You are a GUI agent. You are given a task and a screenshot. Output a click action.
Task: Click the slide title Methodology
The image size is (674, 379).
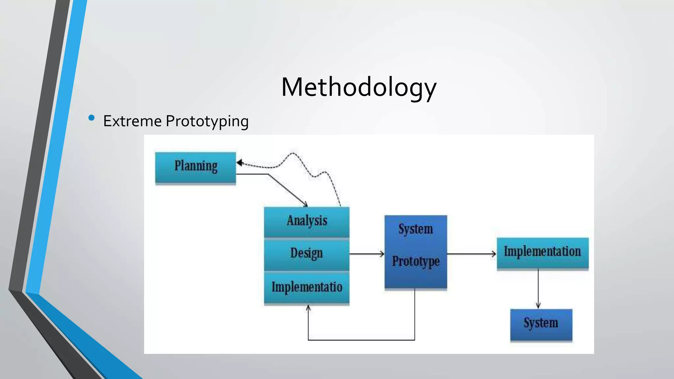point(359,87)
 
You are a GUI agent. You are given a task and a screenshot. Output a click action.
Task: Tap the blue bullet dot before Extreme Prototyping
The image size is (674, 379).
point(91,118)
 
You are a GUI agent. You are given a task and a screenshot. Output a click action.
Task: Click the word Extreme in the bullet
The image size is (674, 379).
point(132,121)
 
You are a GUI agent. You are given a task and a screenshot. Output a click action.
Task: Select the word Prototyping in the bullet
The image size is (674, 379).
point(207,121)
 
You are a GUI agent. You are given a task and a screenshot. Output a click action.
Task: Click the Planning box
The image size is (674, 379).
point(195,167)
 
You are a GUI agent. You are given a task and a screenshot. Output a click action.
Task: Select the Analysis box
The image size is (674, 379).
point(307,221)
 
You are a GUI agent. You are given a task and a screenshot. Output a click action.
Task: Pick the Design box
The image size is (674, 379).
point(307,254)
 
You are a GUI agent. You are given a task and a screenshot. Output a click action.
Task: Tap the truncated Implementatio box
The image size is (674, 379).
point(307,288)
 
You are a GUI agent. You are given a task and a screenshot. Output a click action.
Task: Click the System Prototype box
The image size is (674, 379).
point(416,252)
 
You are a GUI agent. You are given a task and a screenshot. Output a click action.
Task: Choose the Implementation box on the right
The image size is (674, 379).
point(542,253)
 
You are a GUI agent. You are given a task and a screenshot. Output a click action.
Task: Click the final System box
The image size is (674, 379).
point(541,324)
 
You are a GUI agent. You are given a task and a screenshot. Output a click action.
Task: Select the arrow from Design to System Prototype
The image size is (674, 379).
point(367,254)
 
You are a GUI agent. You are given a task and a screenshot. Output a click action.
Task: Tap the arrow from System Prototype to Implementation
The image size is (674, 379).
point(471,254)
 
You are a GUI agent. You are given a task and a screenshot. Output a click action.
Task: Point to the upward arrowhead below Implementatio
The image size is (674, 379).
point(308,308)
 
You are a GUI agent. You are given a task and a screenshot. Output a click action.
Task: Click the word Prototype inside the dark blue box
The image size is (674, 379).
point(416,262)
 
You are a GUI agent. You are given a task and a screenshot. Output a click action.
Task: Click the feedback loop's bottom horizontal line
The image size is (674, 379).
point(361,340)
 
